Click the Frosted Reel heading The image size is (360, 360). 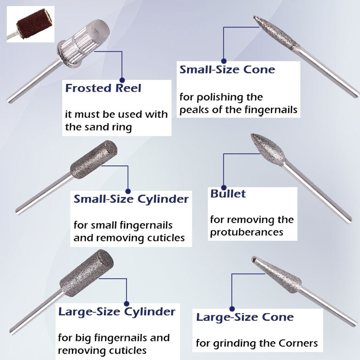pyautogui.click(x=103, y=88)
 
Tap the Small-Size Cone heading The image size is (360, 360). pyautogui.click(x=227, y=69)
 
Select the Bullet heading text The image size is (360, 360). pyautogui.click(x=228, y=194)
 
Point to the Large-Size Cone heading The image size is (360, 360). pyautogui.click(x=245, y=317)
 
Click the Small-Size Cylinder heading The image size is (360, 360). pyautogui.click(x=131, y=199)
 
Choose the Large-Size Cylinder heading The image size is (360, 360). pyautogui.click(x=117, y=312)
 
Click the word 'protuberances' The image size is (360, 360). pyautogui.click(x=246, y=232)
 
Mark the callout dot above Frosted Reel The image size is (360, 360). pyautogui.click(x=122, y=80)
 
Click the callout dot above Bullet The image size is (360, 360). pyautogui.click(x=223, y=185)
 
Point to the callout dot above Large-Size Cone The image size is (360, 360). pyautogui.click(x=232, y=309)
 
